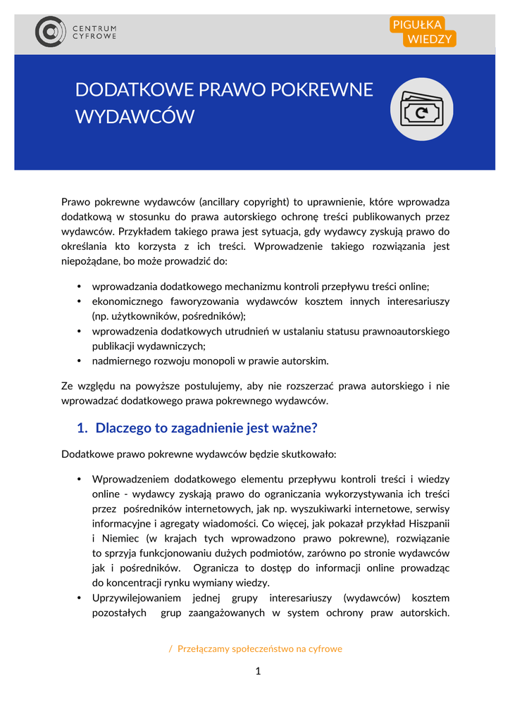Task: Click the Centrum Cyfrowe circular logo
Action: point(51,32)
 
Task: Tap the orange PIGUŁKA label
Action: point(417,25)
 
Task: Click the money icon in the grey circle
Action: point(421,109)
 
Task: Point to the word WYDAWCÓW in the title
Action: point(135,117)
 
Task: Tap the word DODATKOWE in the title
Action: point(134,90)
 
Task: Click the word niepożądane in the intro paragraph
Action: point(92,261)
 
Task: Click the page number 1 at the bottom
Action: point(258,671)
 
